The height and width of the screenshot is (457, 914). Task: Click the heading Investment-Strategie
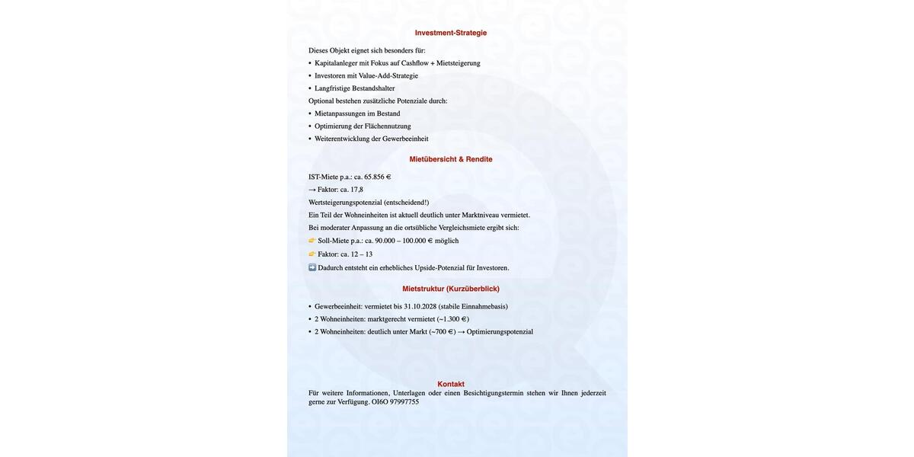pyautogui.click(x=451, y=33)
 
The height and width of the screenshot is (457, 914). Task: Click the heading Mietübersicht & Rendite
pyautogui.click(x=451, y=159)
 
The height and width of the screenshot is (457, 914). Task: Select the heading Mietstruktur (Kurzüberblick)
pyautogui.click(x=451, y=289)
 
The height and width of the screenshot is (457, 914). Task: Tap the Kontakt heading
pyautogui.click(x=451, y=384)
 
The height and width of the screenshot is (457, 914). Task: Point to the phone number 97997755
pyautogui.click(x=404, y=402)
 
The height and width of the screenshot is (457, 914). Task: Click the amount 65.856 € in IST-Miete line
pyautogui.click(x=377, y=177)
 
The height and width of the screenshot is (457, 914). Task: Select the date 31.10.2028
pyautogui.click(x=420, y=307)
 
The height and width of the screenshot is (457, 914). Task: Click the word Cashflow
pyautogui.click(x=415, y=63)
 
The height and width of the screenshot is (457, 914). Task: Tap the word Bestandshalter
pyautogui.click(x=373, y=88)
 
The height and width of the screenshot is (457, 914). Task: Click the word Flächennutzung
pyautogui.click(x=388, y=126)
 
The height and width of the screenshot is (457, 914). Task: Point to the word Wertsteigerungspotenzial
pyautogui.click(x=345, y=203)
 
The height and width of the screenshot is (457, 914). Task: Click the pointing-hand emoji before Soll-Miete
pyautogui.click(x=312, y=241)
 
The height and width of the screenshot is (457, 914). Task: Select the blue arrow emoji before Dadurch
pyautogui.click(x=312, y=267)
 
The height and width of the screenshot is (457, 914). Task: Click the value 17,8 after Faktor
pyautogui.click(x=356, y=190)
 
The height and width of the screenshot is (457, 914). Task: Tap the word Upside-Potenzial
pyautogui.click(x=439, y=268)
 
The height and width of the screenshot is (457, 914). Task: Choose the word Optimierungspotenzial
pyautogui.click(x=500, y=332)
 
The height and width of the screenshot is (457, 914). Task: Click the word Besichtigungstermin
pyautogui.click(x=494, y=393)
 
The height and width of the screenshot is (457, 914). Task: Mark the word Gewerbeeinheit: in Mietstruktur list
pyautogui.click(x=338, y=307)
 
